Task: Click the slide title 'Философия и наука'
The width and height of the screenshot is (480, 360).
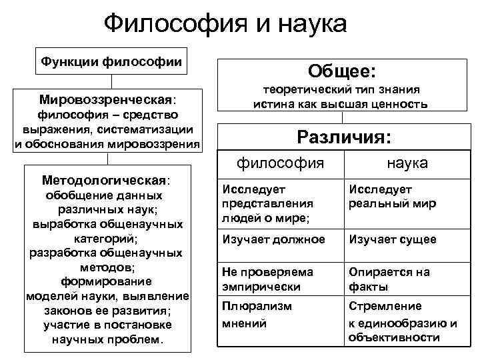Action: [x=226, y=24]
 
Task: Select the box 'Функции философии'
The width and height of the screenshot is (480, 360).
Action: [x=111, y=61]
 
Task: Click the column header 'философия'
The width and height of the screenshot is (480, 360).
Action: [x=281, y=163]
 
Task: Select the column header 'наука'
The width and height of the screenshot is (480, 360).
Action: [x=407, y=163]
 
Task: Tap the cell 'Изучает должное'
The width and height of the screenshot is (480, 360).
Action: [x=274, y=239]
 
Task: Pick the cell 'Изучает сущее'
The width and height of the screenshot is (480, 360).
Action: [x=393, y=239]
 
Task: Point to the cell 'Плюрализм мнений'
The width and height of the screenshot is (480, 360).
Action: [x=257, y=315]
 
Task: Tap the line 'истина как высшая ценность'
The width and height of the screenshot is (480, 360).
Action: [x=341, y=104]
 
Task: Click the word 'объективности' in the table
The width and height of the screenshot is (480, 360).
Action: [x=393, y=338]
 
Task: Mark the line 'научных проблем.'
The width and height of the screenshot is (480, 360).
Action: [x=107, y=339]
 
